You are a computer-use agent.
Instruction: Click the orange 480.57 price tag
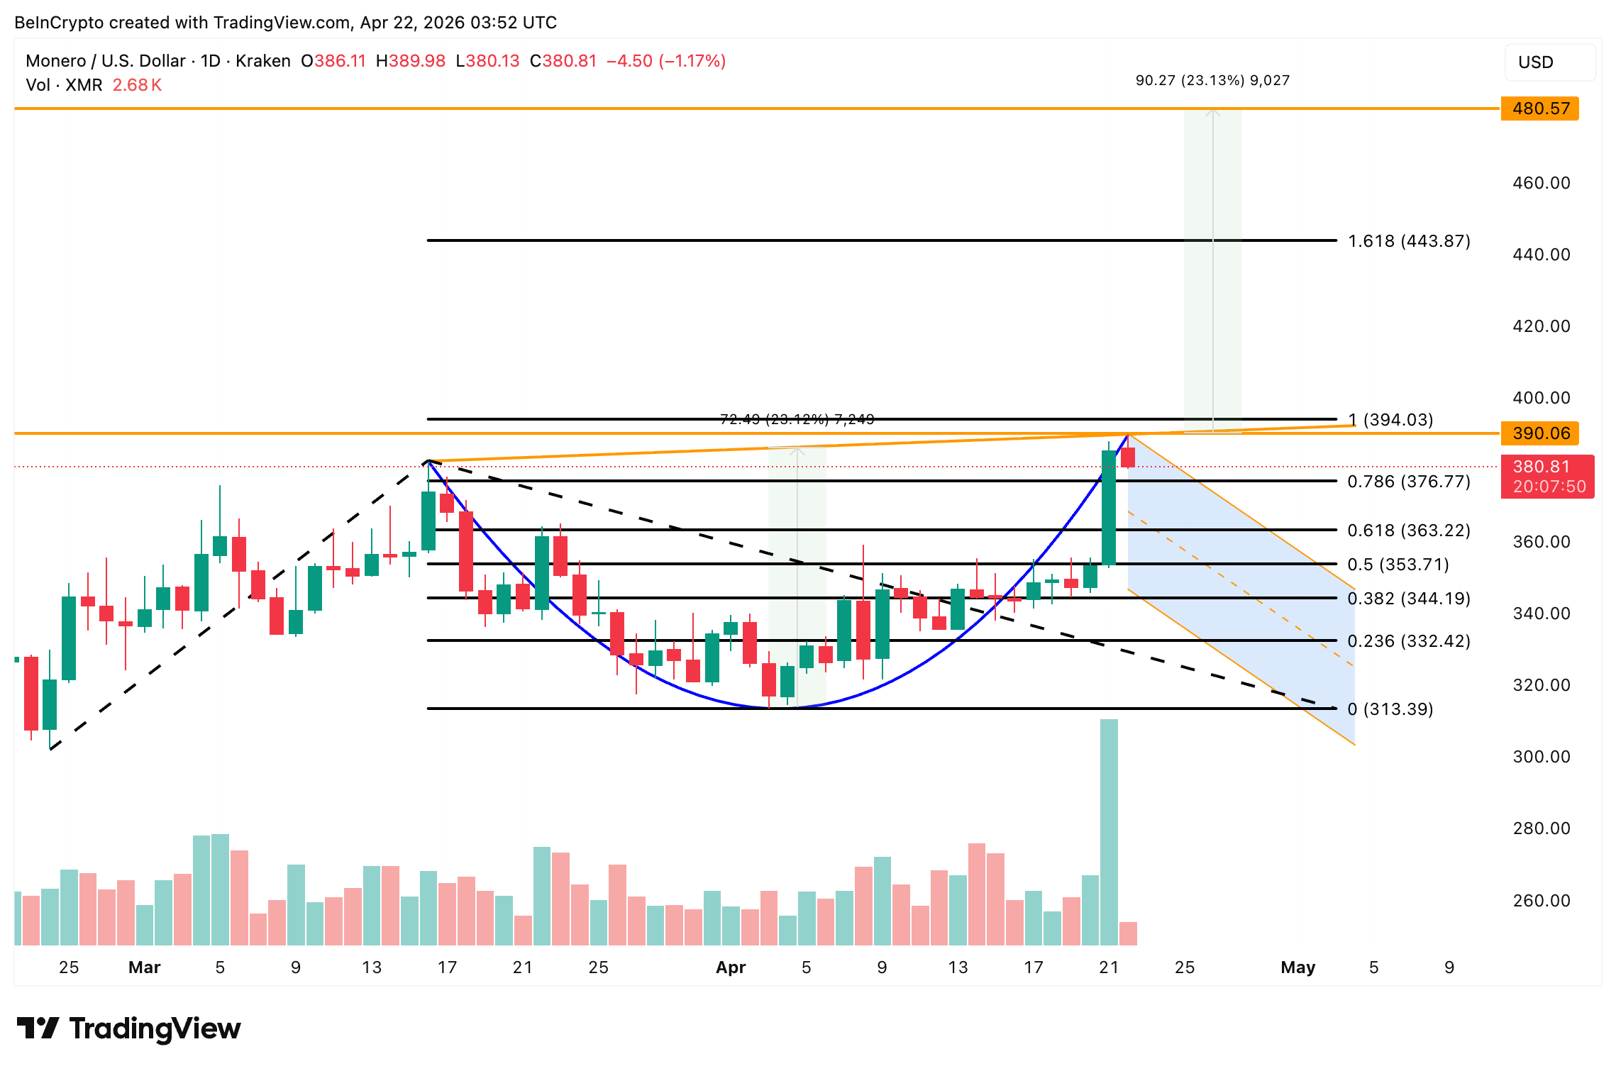pos(1539,109)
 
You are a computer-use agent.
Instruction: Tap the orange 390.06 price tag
pos(1539,433)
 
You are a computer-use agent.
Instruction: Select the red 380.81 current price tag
pos(1546,476)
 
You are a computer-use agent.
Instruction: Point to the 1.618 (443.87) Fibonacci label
pos(1409,241)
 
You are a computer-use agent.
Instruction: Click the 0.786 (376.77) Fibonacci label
pos(1409,482)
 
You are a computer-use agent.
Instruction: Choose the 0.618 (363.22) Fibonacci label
pos(1409,531)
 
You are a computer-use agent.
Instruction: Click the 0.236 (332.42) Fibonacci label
pos(1409,641)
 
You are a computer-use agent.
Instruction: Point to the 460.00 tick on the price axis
pos(1541,183)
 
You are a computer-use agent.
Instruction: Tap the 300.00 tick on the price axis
pos(1541,757)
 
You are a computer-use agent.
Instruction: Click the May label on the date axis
pos(1297,967)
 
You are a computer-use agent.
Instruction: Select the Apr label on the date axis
pos(731,967)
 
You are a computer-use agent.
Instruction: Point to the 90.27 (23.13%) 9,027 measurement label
pos(1212,81)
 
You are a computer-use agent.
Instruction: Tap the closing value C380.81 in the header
pos(563,61)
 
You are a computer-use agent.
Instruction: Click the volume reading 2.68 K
pos(137,85)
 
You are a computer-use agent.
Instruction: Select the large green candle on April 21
pos(1109,507)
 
